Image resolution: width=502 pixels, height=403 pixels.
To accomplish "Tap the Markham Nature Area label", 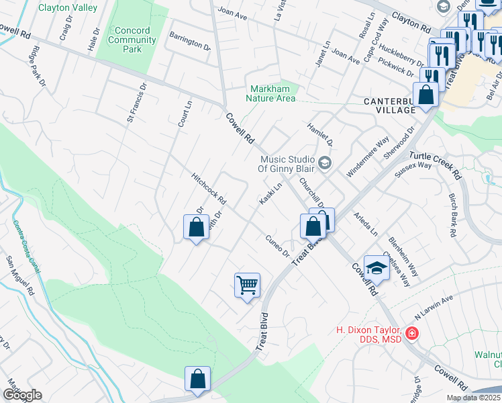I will [272, 93].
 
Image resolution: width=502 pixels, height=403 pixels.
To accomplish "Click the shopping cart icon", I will [247, 285].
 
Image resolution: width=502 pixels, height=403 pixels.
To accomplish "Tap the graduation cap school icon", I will [376, 268].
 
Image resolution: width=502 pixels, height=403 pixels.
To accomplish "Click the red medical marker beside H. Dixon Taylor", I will [411, 332].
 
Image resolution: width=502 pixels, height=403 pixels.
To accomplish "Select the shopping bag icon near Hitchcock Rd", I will [195, 226].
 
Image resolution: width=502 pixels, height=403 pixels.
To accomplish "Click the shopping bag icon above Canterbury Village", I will [425, 95].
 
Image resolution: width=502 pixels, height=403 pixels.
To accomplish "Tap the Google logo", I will [22, 395].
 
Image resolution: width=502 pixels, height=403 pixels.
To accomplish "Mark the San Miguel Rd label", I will [19, 275].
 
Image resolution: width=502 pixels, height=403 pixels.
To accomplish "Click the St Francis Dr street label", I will [136, 103].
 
